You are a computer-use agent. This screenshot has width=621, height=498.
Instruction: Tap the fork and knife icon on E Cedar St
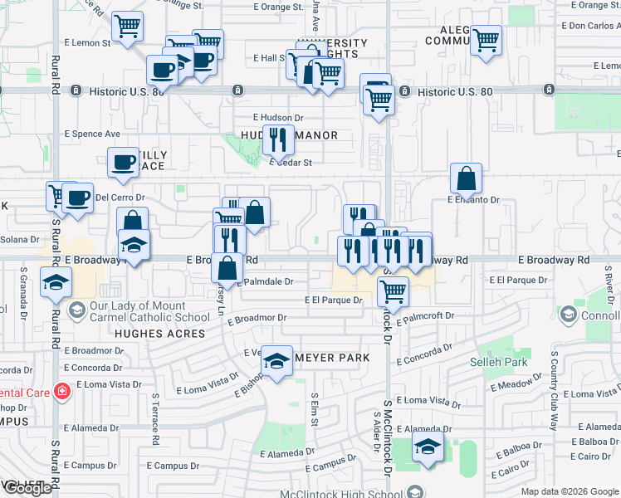pyautogui.click(x=278, y=139)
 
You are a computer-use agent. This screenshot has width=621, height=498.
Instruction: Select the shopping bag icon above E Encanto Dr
pyautogui.click(x=467, y=178)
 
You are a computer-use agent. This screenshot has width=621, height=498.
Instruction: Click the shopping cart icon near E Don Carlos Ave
pyautogui.click(x=486, y=39)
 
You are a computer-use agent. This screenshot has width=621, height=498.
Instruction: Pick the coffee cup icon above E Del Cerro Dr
pyautogui.click(x=123, y=162)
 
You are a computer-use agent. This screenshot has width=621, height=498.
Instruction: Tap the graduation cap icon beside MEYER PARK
pyautogui.click(x=277, y=361)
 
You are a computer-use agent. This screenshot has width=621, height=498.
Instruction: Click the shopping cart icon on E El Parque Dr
pyautogui.click(x=393, y=291)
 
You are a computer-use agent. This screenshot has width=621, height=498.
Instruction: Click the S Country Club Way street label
pyautogui.click(x=553, y=390)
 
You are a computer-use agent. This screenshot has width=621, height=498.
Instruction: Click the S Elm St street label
pyautogui.click(x=314, y=410)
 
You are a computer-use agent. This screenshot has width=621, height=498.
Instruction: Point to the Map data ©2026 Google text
pyautogui.click(x=569, y=491)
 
